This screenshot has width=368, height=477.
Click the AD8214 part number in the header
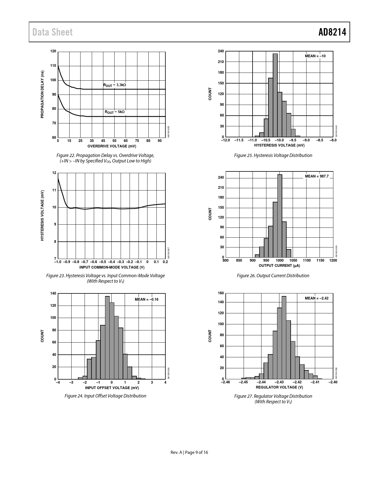332,32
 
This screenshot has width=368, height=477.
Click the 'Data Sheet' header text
53,32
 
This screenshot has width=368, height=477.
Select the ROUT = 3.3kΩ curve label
115,85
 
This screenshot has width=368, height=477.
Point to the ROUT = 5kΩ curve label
115,112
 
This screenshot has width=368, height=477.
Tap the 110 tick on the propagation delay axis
53,66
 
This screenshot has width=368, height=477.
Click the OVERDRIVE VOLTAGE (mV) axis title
112,146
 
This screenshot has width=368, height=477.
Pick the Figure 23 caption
106,278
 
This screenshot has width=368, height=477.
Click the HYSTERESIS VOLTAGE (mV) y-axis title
42,215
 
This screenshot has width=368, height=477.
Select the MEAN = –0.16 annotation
147,299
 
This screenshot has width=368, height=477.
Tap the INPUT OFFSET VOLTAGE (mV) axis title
112,388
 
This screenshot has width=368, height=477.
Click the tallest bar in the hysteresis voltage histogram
275,95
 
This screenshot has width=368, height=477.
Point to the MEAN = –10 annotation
315,56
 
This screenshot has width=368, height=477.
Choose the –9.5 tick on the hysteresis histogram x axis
293,140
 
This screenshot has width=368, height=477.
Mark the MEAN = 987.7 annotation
317,176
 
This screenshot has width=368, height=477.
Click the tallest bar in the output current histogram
280,216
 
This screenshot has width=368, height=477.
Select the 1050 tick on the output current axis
293,260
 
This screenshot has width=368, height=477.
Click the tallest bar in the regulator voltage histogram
284,337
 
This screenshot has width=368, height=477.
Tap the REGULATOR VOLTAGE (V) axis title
279,387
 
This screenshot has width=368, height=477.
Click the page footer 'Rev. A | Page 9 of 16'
189,452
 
